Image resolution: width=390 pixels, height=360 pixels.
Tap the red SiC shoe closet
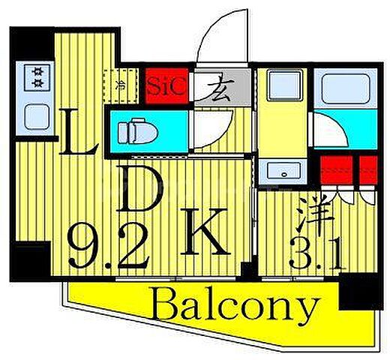[166, 85]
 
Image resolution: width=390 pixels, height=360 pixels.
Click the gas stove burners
[37, 78]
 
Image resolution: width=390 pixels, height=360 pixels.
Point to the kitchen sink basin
[37, 117]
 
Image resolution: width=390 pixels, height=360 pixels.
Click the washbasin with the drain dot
[283, 170]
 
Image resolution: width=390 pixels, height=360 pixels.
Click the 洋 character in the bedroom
[315, 213]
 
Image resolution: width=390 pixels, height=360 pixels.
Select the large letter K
[205, 232]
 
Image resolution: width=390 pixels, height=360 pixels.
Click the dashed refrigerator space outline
[121, 85]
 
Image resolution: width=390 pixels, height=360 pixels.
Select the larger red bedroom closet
[337, 170]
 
